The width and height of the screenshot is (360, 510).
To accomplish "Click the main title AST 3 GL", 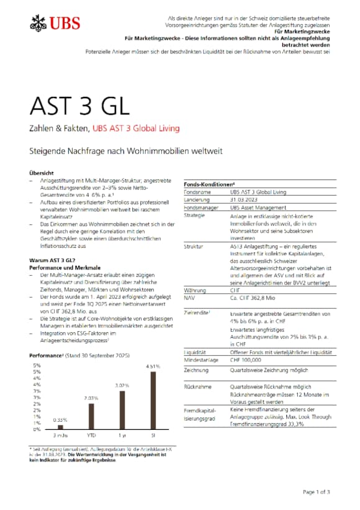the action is (79, 106).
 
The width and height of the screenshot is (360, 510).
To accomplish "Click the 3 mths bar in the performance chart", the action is (60, 426).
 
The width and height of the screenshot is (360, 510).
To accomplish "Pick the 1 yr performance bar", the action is (122, 410).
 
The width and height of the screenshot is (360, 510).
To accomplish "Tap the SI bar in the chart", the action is (153, 401).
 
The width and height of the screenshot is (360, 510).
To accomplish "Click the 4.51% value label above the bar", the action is (153, 367).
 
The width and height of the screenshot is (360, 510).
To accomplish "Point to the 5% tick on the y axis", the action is (37, 365).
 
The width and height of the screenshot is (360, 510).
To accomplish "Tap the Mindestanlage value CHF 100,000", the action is (251, 360).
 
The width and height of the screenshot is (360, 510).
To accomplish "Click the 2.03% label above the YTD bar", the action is (91, 398).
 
